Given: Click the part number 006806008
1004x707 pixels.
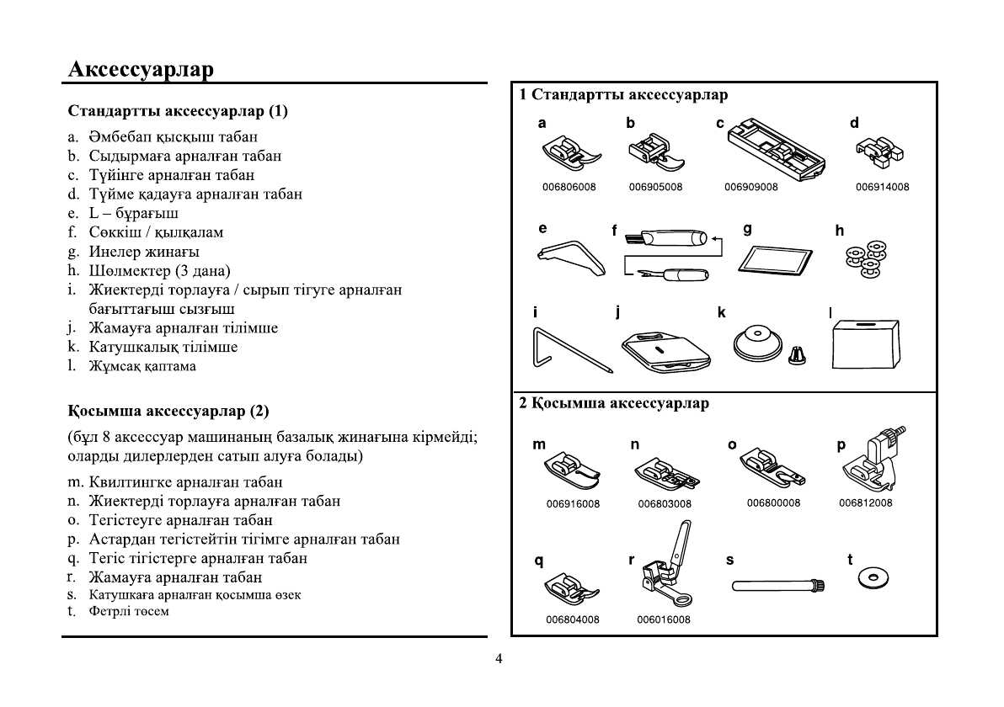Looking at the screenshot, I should [570, 188].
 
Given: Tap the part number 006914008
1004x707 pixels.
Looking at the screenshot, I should [882, 188].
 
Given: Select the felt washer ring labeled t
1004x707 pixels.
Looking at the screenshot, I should [873, 578].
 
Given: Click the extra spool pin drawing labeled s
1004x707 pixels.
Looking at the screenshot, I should [776, 584].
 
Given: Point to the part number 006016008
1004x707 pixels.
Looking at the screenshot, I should [664, 620].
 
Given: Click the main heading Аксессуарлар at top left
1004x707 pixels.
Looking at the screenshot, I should [141, 68].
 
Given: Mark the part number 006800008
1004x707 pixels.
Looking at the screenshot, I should [773, 503].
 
